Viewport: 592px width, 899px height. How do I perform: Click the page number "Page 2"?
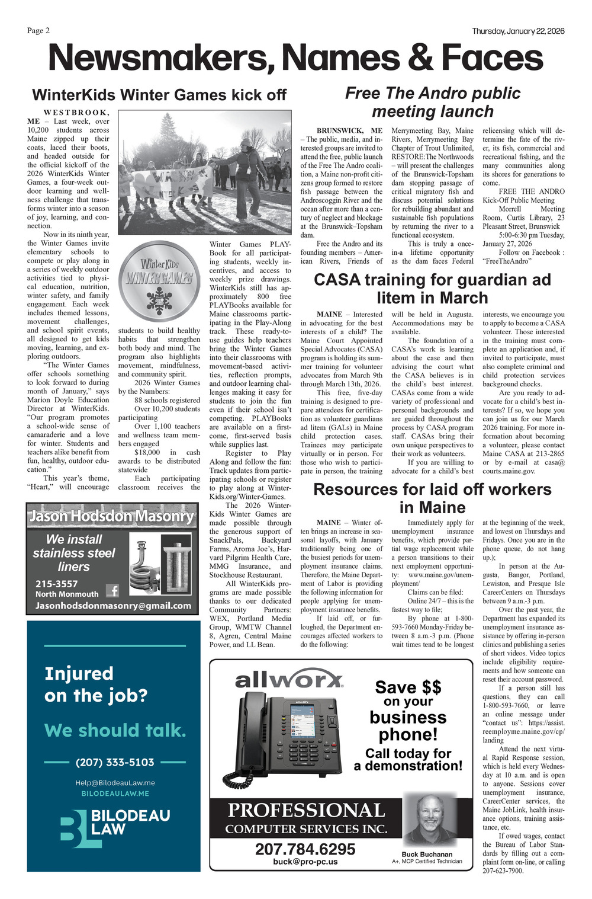point(38,31)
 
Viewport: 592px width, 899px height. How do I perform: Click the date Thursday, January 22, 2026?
point(518,31)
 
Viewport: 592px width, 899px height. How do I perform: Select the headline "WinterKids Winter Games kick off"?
point(159,95)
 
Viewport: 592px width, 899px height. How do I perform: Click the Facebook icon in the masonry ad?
point(112,590)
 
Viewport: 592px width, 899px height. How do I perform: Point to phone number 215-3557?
point(57,584)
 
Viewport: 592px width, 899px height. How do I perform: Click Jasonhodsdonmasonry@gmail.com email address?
point(113,606)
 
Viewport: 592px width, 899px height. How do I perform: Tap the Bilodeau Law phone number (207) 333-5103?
point(115,762)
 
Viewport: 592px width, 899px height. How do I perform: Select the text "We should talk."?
point(115,730)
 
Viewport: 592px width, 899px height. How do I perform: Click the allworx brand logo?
point(289,679)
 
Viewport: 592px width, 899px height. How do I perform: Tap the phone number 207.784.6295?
point(305,849)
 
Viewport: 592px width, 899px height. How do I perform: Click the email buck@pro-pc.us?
point(305,861)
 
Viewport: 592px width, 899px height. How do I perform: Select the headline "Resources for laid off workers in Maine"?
point(432,498)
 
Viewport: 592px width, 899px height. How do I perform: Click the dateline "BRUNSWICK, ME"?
point(349,130)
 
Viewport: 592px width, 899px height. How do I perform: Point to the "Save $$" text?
point(408,687)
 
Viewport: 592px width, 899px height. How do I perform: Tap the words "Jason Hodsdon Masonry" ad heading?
point(111,516)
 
